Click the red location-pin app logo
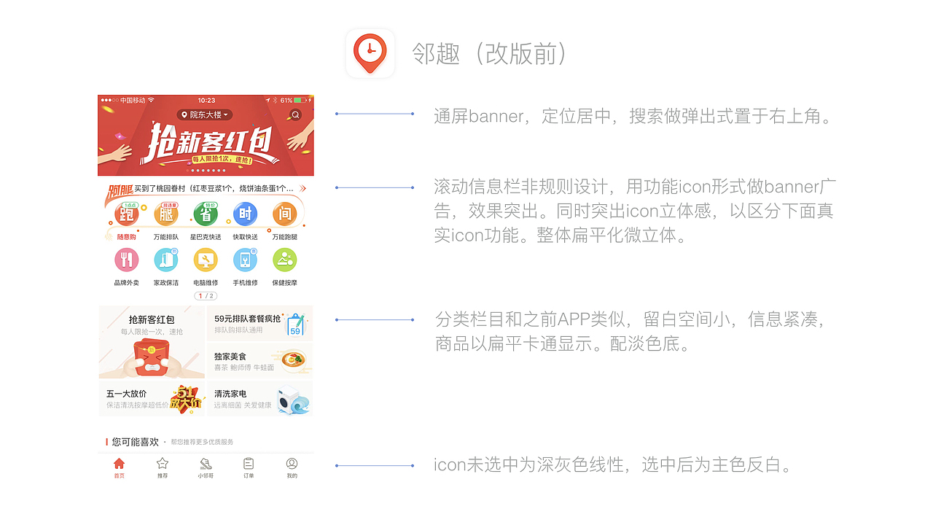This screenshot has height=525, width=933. coord(370,53)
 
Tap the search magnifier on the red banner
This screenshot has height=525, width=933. coord(295,114)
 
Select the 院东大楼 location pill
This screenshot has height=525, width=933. coord(205,114)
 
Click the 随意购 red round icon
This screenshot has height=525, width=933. coord(127,214)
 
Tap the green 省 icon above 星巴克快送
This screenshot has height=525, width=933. coord(206,214)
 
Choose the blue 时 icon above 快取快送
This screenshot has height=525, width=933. coord(245,214)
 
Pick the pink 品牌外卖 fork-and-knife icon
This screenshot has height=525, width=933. coord(127,260)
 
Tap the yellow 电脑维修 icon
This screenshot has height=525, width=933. coord(206,260)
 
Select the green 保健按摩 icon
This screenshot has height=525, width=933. coord(284,260)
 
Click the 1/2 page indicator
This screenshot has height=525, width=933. coord(206,296)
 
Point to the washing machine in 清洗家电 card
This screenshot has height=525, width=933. coord(292,400)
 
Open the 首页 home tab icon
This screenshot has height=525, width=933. coord(120,464)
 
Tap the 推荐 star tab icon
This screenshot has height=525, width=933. coord(163,464)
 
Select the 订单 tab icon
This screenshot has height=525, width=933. coord(249,464)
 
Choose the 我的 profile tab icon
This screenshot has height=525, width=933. coord(292,464)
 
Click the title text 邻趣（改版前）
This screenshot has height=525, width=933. coord(490,53)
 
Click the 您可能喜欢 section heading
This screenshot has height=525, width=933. coord(136,442)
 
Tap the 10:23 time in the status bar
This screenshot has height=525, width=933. coord(206,100)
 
